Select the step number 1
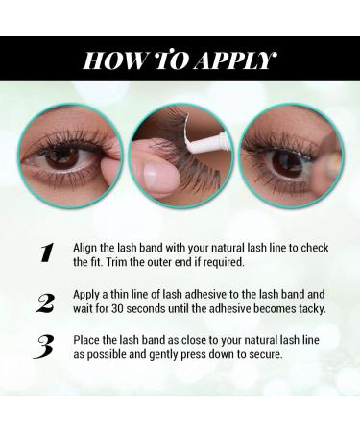pyautogui.click(x=45, y=253)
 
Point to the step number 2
pyautogui.click(x=45, y=303)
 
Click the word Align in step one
pyautogui.click(x=88, y=246)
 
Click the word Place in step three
pyautogui.click(x=89, y=341)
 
